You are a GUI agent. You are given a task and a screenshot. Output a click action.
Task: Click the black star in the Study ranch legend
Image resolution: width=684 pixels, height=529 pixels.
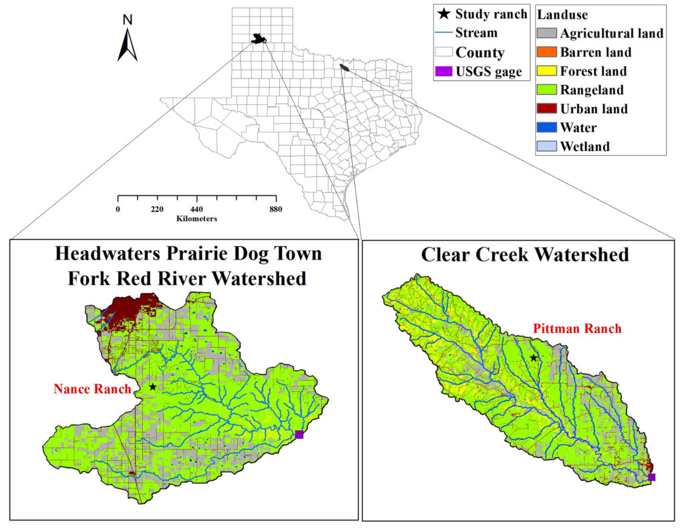click(443, 13)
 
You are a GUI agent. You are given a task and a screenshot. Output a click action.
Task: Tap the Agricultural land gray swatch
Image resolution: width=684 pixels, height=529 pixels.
click(546, 33)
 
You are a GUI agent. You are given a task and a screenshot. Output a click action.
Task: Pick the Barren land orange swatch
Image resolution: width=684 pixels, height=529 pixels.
click(546, 52)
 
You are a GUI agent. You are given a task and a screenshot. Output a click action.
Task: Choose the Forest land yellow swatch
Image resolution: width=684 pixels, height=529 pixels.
click(546, 71)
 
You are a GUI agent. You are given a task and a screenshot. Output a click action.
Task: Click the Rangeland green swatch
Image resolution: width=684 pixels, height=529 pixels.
click(546, 90)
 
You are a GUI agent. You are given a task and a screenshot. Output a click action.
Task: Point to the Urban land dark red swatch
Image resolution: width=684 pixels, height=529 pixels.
click(546, 108)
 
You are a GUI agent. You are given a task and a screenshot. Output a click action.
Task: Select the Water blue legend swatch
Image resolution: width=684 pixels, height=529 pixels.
click(546, 127)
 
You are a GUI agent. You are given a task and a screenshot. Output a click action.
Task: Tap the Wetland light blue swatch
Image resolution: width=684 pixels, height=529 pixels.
click(546, 146)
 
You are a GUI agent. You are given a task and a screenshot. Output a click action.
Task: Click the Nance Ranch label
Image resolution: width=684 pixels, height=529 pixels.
click(92, 389)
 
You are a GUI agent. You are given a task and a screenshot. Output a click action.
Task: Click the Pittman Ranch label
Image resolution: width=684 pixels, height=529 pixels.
click(577, 328)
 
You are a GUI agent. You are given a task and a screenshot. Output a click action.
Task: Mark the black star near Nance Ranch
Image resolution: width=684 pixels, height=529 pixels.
click(153, 387)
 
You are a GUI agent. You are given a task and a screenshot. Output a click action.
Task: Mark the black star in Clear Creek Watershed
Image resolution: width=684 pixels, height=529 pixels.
click(533, 358)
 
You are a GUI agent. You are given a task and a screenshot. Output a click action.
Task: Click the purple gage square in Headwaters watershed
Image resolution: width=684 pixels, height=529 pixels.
click(299, 435)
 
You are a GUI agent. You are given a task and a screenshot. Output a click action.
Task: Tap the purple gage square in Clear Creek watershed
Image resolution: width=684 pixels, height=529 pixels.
click(652, 477)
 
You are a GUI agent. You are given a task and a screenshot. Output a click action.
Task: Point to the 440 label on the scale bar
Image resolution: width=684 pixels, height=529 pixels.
click(196, 209)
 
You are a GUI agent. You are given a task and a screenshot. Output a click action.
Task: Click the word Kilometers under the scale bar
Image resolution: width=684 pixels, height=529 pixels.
click(196, 219)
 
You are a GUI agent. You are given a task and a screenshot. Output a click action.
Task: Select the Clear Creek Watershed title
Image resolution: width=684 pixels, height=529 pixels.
click(524, 255)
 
